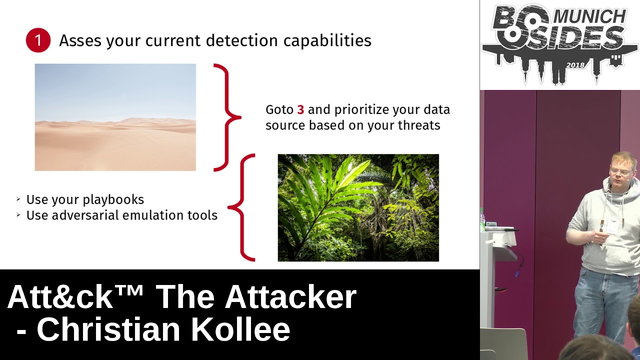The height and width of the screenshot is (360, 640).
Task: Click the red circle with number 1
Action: pos(38,40)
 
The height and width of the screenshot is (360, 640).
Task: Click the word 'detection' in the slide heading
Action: pos(241,40)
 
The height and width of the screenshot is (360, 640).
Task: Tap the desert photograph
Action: pos(115,117)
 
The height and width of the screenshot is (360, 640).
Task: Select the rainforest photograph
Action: pos(358,207)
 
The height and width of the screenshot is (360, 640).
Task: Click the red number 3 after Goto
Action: pos(300,109)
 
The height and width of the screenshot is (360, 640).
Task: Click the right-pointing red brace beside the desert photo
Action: pos(227,117)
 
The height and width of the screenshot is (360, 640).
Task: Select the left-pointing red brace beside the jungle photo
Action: pos(241,207)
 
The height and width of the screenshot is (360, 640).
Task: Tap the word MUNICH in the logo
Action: pos(589,16)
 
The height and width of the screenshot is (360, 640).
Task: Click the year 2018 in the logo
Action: pos(575,65)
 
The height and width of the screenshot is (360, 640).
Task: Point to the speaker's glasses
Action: pos(621,171)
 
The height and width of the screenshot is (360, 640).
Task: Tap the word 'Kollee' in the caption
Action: pos(240,329)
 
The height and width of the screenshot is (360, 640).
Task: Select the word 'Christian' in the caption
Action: pos(108,329)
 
